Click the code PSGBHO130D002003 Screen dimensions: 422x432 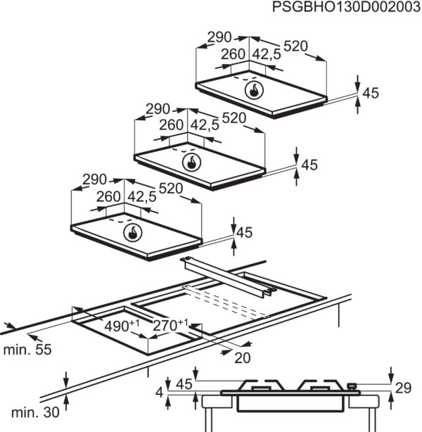(346, 7)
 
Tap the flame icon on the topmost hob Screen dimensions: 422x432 (254, 90)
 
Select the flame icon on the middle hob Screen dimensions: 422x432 (192, 163)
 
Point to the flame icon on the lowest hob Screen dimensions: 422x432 (133, 233)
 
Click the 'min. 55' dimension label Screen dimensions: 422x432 (27, 350)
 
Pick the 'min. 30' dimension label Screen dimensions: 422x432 (35, 412)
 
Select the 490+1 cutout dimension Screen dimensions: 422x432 (122, 326)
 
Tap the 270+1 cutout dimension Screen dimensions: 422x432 (170, 325)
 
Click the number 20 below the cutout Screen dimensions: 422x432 (243, 358)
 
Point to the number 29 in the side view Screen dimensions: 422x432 (403, 388)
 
